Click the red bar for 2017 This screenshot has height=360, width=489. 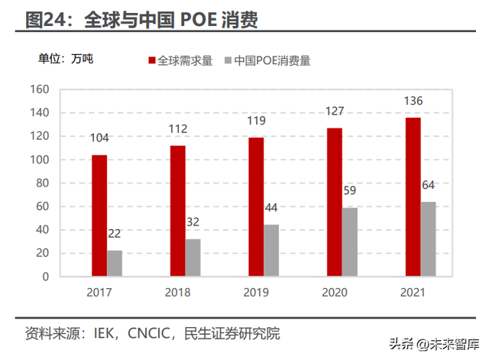(99, 215)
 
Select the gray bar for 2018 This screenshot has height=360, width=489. (193, 257)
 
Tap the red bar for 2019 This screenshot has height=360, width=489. (256, 206)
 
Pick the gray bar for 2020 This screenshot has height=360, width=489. (349, 242)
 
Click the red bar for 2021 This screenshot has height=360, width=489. (413, 196)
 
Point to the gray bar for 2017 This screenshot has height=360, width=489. (115, 263)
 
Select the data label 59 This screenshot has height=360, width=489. (351, 192)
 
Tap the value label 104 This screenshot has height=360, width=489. (99, 138)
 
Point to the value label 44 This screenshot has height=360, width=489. (272, 209)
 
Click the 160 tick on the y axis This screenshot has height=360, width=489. (40, 89)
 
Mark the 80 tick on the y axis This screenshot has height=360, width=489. (43, 183)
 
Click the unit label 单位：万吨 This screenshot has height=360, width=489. (66, 58)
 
